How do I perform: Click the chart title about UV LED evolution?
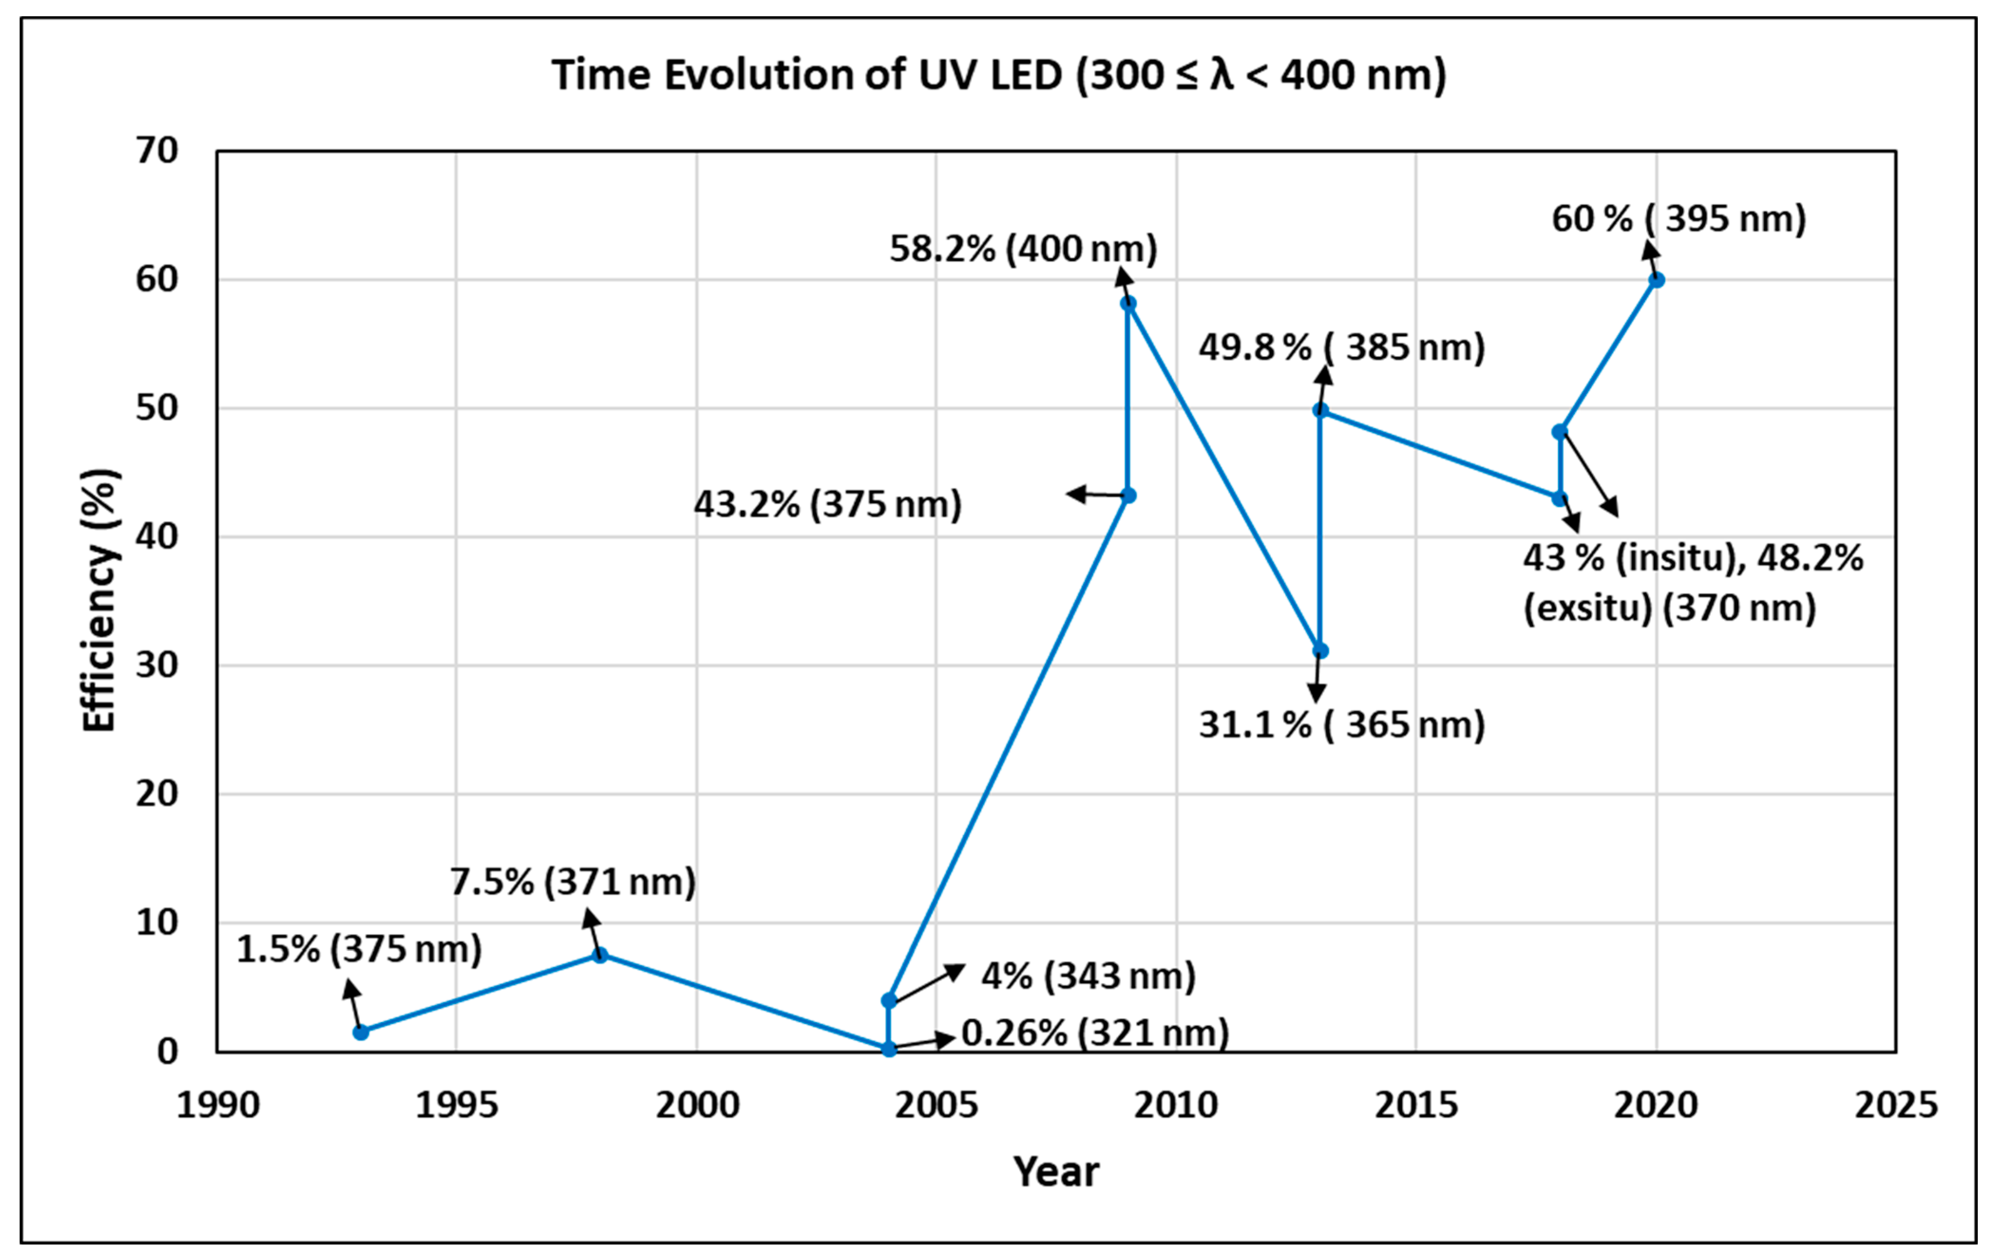[999, 75]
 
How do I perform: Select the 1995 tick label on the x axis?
[456, 1105]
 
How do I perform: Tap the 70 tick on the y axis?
[157, 151]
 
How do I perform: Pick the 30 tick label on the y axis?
[157, 666]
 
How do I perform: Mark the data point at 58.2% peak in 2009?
[1128, 303]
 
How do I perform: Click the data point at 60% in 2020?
[1656, 280]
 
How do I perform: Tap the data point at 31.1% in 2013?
[1320, 651]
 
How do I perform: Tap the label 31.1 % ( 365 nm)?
[1341, 725]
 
